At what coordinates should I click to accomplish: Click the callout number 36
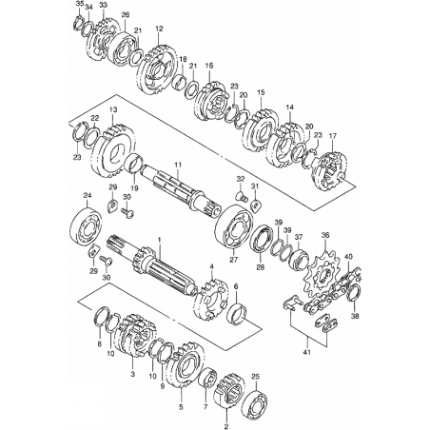point(325,235)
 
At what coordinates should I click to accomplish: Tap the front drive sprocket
point(322,274)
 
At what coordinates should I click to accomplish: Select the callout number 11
point(178,165)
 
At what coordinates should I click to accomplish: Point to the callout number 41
point(307,352)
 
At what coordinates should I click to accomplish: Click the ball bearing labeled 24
point(86,225)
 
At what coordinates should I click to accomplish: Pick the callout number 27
point(236,286)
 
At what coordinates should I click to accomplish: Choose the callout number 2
point(226,426)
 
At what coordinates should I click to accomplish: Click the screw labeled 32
point(242,198)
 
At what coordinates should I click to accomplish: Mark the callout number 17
point(332,136)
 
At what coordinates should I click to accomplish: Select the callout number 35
point(80,4)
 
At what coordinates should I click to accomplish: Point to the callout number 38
point(356,316)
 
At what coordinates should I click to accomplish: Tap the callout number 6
point(236,286)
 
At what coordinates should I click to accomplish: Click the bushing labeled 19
point(134,164)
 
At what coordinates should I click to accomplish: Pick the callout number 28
point(261,267)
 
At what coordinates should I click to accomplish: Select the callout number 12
point(159,29)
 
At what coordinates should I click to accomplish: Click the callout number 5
point(181,407)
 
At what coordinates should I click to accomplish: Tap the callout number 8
point(99,344)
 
